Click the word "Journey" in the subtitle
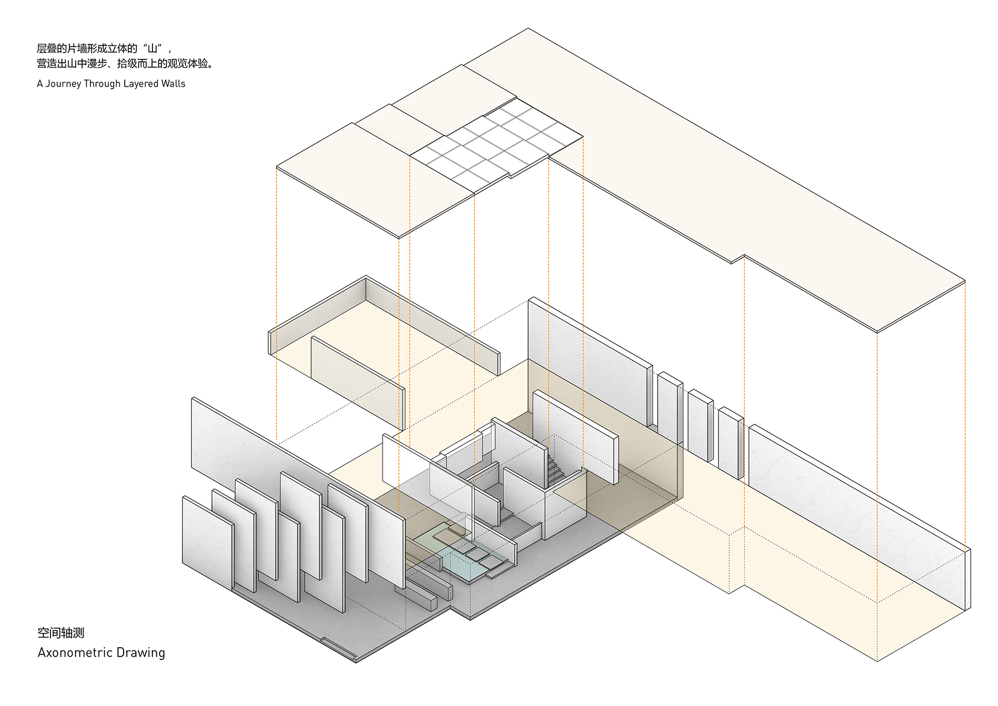(63, 84)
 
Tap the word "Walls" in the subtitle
(173, 84)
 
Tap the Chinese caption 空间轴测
(61, 633)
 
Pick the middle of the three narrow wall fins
(700, 425)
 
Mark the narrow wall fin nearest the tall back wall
(670, 408)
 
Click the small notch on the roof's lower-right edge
(738, 259)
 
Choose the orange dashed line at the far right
(965, 416)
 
